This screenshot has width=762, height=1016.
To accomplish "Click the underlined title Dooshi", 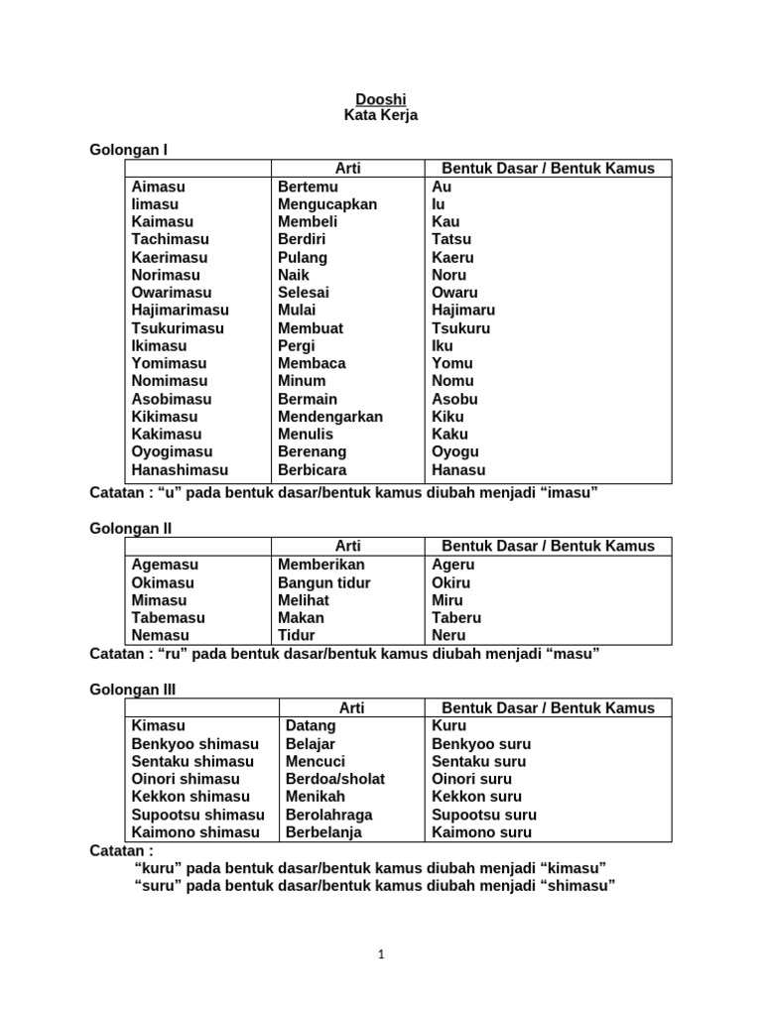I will click(x=381, y=99).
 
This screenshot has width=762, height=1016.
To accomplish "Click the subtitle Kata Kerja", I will click(x=381, y=116).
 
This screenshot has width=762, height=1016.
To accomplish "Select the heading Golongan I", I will click(x=129, y=150).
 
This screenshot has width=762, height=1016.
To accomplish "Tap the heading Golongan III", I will click(x=133, y=690).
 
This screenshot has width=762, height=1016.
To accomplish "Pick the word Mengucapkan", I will click(x=327, y=204).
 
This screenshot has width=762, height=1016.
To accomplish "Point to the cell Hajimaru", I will click(x=463, y=311).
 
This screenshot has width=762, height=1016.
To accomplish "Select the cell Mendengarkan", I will click(x=330, y=417).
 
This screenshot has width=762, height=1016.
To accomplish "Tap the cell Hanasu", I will click(x=458, y=470).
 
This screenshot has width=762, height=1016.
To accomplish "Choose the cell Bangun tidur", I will click(x=323, y=582).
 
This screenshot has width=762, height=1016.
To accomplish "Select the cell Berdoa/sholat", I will click(x=335, y=779).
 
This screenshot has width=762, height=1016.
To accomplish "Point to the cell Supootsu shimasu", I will click(x=198, y=815).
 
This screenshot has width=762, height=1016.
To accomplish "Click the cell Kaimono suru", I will click(x=481, y=832).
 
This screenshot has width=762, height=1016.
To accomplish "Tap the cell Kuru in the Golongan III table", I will click(x=448, y=725).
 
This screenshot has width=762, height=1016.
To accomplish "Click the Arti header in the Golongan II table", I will click(x=348, y=546).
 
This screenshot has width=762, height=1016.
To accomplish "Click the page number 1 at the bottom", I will click(x=381, y=954).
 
